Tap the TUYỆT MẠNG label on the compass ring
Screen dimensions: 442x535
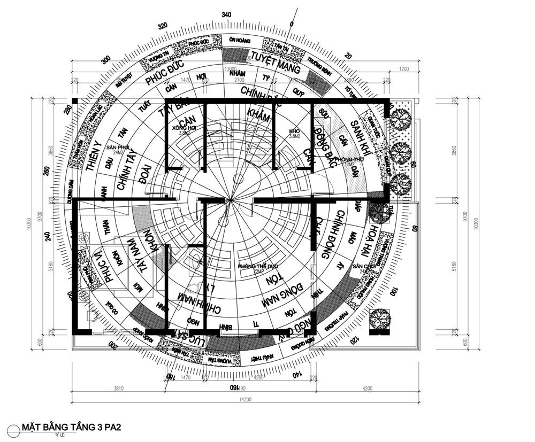276,63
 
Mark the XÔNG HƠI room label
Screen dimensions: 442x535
181,130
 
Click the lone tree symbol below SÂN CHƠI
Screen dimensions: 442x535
380,320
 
